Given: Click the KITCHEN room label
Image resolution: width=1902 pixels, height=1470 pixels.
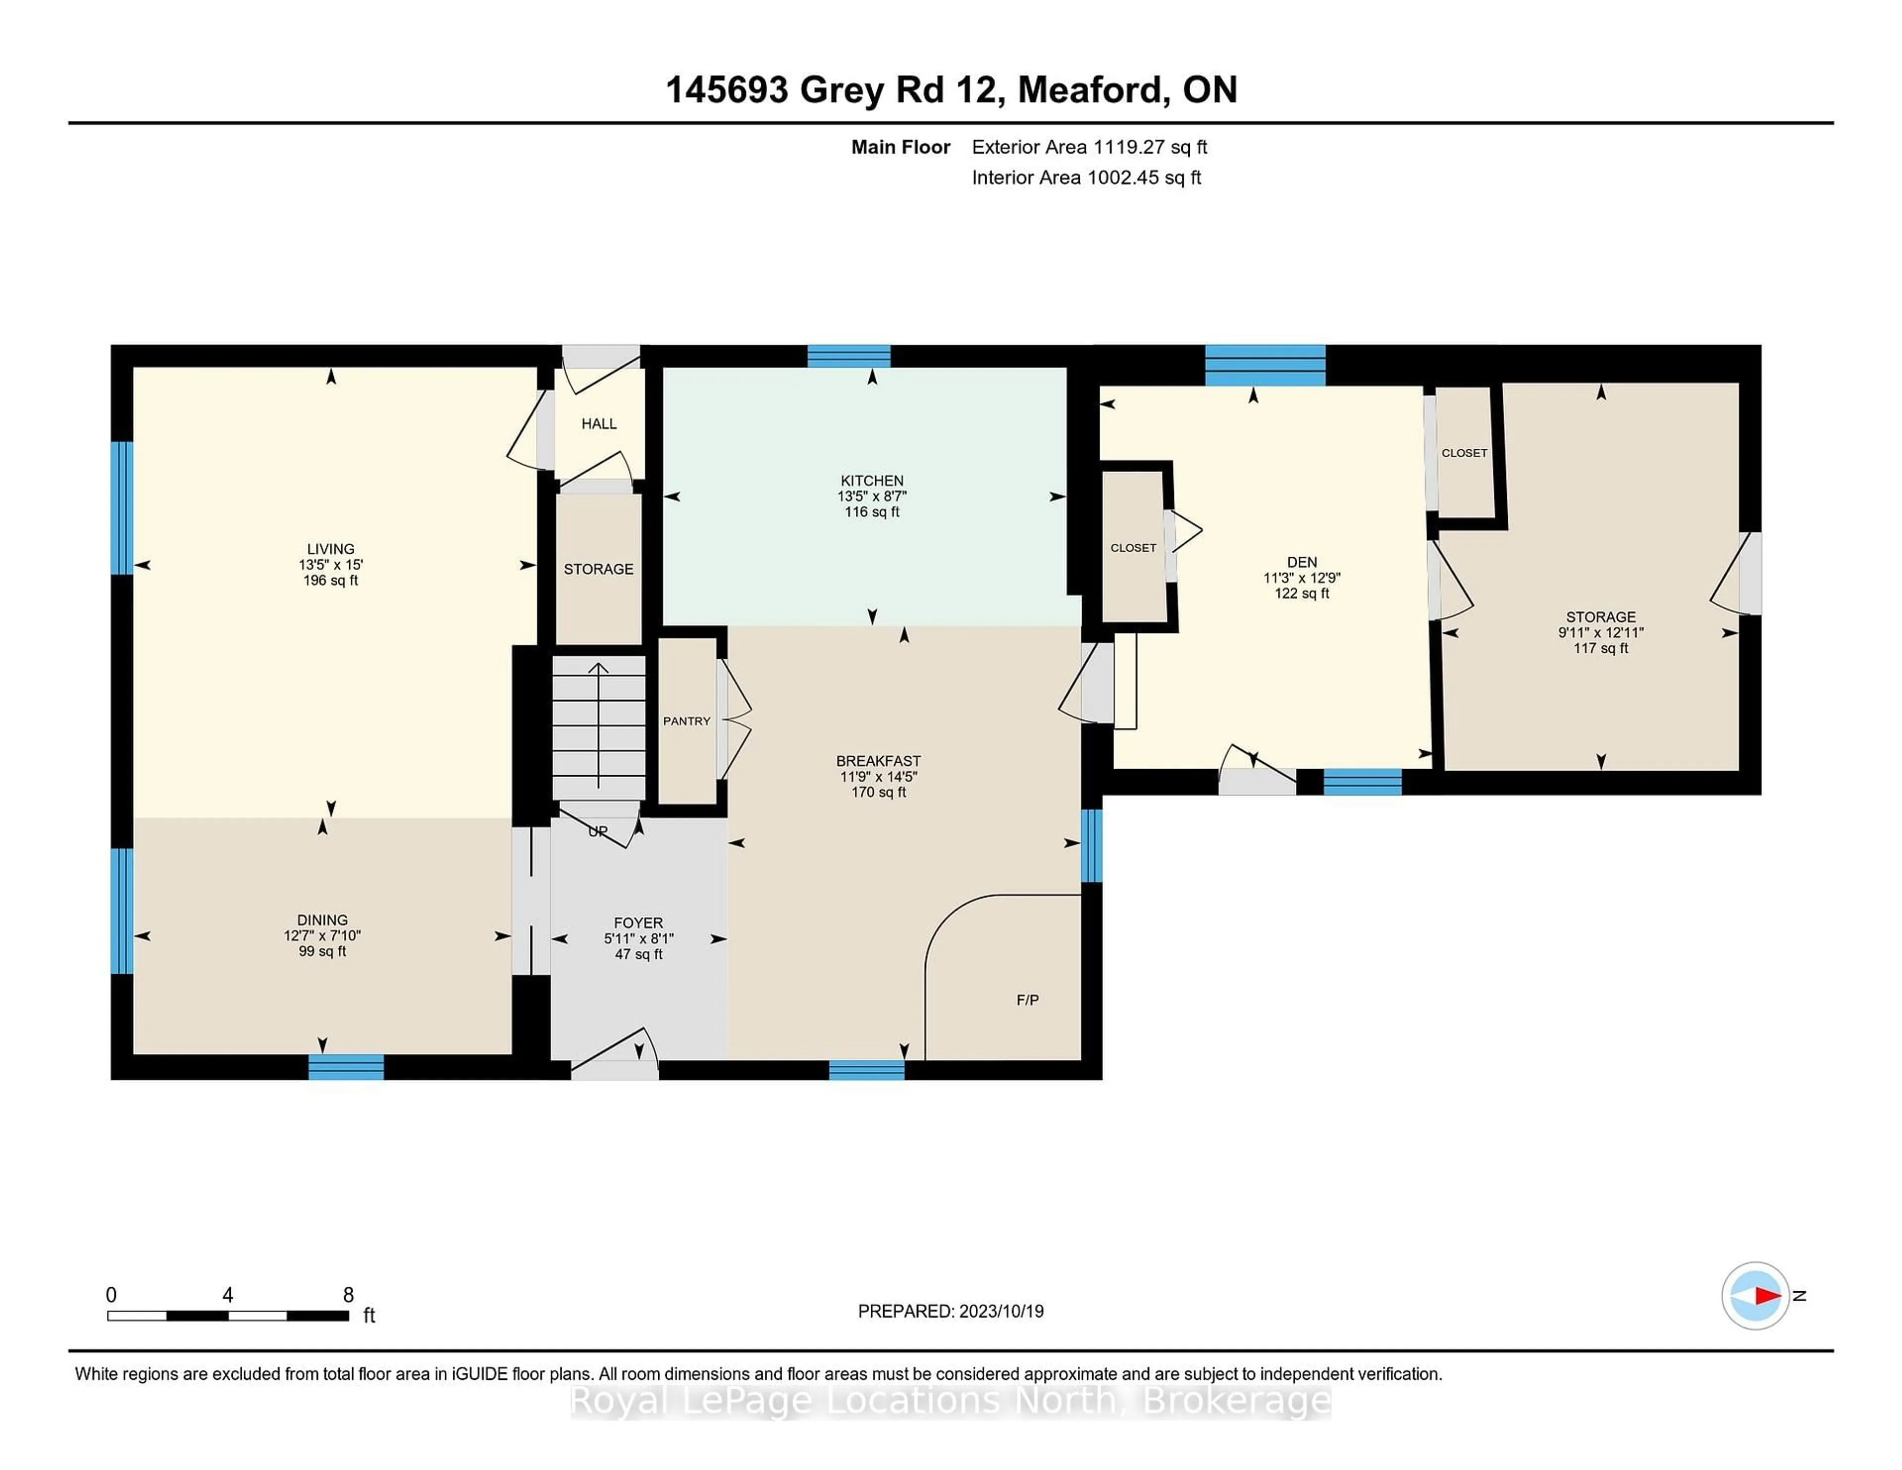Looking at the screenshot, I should [x=872, y=480].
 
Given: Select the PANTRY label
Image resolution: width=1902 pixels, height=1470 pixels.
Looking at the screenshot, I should [x=686, y=721].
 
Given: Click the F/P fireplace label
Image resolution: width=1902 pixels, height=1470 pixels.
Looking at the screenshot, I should [x=1028, y=1000].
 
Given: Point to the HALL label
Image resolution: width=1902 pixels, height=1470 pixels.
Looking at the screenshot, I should [x=599, y=424].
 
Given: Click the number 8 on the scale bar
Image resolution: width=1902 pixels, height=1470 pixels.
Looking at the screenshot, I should [x=348, y=1295].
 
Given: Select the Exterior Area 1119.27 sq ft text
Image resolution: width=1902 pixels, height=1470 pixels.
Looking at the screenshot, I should [x=1090, y=147].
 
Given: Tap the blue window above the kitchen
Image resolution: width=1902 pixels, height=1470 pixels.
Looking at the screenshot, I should [x=848, y=356].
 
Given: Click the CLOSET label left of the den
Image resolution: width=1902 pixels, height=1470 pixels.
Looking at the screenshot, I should [x=1133, y=548].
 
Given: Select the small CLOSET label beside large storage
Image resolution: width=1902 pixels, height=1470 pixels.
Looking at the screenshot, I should [x=1464, y=453].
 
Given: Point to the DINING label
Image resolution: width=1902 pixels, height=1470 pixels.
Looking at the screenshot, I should [x=322, y=920].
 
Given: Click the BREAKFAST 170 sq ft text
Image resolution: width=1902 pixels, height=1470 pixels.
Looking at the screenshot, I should [x=879, y=792].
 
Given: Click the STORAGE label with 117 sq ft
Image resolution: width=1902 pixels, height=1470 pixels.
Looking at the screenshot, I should [x=1601, y=617].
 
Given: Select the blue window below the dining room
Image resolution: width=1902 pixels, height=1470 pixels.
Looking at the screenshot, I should [x=346, y=1067].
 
